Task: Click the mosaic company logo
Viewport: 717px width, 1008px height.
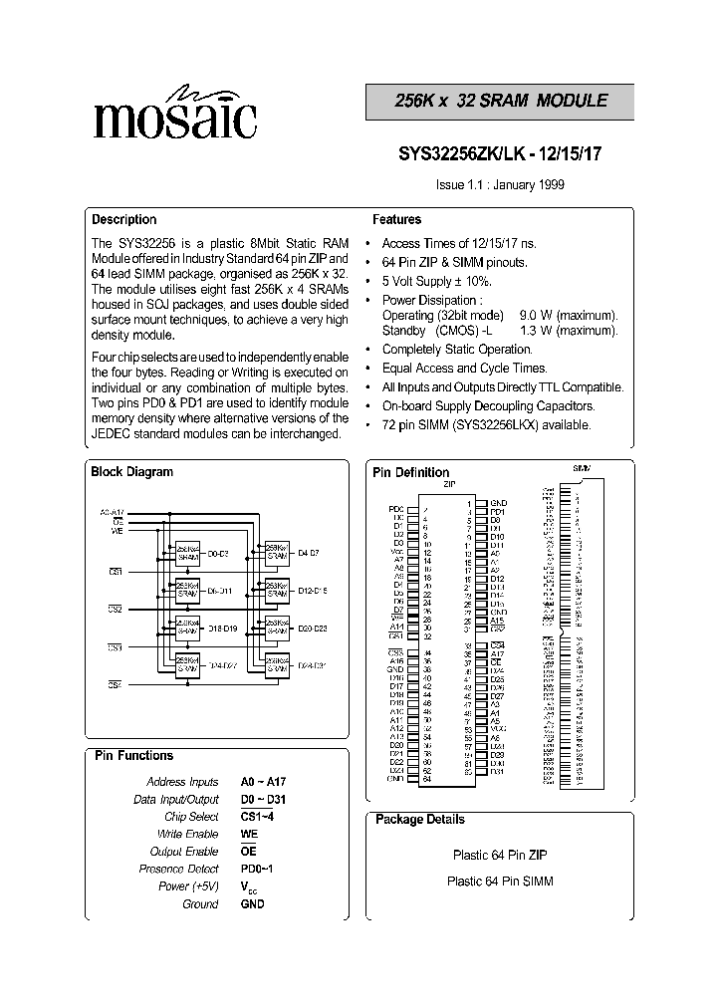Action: (174, 114)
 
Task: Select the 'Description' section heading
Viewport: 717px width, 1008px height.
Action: (124, 220)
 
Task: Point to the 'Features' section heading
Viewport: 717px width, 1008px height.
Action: (396, 220)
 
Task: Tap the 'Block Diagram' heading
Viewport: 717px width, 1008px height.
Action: (131, 472)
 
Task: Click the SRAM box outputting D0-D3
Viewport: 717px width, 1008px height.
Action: (187, 552)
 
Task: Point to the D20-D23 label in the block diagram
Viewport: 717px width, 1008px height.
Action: (313, 628)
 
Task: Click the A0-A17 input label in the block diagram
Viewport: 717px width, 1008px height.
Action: (113, 512)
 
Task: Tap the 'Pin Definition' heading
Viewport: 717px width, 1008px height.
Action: (410, 472)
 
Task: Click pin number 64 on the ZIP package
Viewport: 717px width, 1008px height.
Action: (427, 779)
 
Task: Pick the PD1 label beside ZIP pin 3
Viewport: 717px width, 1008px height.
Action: (497, 512)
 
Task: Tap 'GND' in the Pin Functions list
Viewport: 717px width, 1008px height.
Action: (253, 903)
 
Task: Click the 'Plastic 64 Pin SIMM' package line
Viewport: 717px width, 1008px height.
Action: (500, 881)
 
